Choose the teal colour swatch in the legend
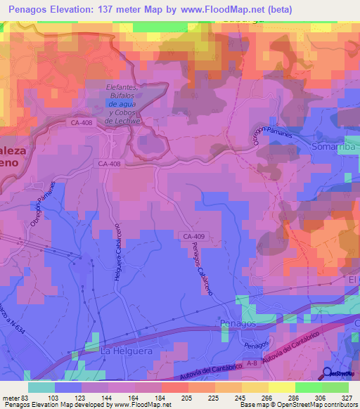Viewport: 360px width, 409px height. pyautogui.click(x=41, y=387)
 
